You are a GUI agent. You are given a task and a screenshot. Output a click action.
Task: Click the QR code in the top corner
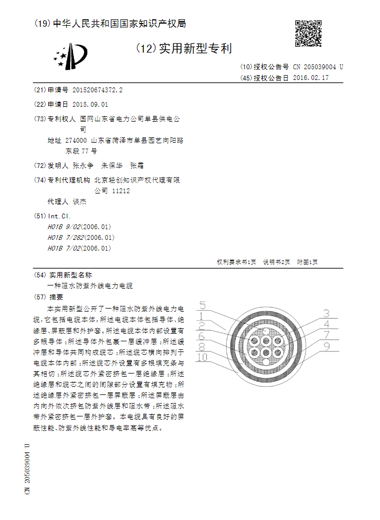(x=308, y=33)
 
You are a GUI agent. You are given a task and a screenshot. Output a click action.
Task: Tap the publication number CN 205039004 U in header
(x=318, y=67)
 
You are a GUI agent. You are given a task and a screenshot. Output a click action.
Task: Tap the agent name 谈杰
(x=79, y=202)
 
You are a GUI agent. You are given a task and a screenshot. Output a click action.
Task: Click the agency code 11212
(x=121, y=191)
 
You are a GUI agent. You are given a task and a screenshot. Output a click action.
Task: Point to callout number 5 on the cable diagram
(x=203, y=306)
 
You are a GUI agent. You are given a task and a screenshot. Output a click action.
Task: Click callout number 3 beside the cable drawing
(x=326, y=313)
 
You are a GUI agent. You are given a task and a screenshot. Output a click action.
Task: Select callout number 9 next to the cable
(x=326, y=347)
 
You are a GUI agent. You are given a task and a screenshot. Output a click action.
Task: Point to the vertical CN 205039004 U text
(x=27, y=470)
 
